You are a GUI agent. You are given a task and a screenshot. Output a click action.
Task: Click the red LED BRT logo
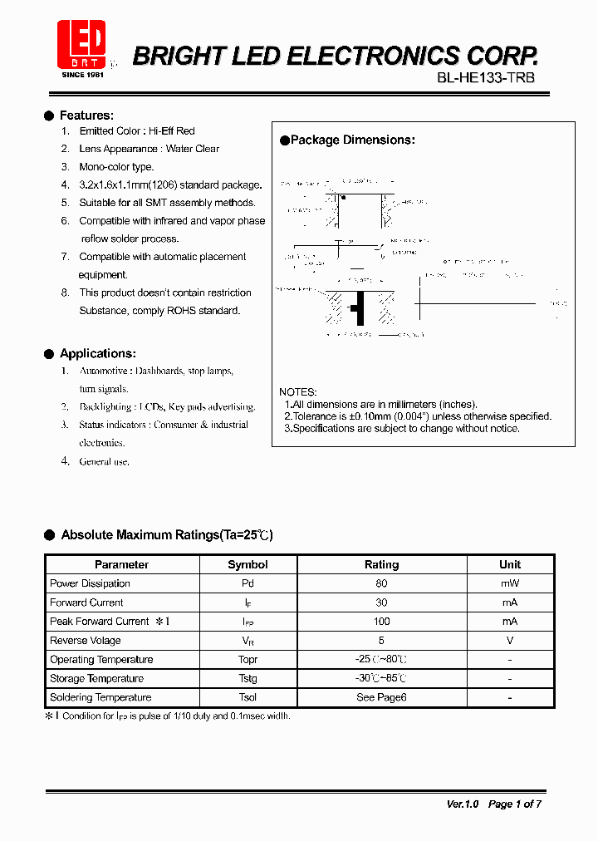[81, 46]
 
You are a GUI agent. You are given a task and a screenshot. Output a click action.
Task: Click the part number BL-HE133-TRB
[487, 77]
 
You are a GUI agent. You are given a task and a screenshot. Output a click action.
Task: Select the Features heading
[86, 116]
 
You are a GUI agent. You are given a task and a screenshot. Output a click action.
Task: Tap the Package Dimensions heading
[352, 140]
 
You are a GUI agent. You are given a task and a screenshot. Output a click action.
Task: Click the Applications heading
[97, 354]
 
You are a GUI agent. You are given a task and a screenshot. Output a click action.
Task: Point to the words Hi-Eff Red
[172, 131]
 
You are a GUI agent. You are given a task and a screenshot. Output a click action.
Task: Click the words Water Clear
[193, 149]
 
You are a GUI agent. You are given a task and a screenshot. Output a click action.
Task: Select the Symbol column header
[248, 564]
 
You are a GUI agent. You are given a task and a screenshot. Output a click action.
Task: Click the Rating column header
[381, 564]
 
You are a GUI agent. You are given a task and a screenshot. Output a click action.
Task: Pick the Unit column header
[510, 564]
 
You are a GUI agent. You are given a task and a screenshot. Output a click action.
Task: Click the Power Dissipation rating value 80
[381, 583]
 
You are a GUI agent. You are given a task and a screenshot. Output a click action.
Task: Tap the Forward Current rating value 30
[381, 602]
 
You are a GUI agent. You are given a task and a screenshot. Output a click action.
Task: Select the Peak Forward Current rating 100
[381, 622]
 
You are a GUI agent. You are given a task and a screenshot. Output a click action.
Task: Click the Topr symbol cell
[248, 660]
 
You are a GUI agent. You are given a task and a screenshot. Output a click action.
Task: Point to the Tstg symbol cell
[248, 679]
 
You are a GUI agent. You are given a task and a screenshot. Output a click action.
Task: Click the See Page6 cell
[381, 698]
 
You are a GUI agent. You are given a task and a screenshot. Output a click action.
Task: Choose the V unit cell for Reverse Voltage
[510, 641]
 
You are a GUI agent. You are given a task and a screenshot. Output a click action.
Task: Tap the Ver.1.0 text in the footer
[463, 804]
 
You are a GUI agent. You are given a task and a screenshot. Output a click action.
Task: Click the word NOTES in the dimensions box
[298, 392]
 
